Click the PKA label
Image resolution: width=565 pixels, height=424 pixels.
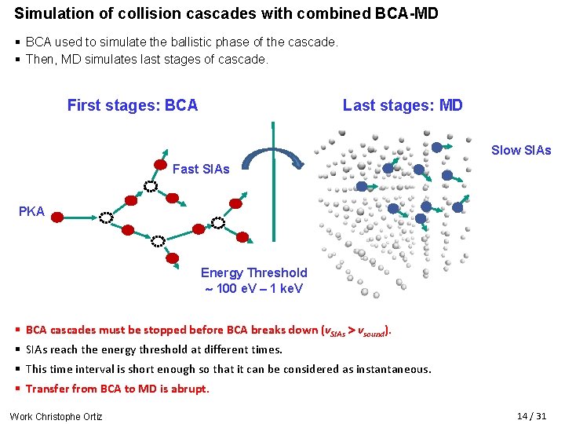coord(32,212)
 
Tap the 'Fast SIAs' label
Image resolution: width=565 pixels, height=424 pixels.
coord(201,169)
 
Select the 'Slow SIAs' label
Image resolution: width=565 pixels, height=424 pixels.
coord(521,150)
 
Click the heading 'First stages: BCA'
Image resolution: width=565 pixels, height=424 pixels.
coord(133,105)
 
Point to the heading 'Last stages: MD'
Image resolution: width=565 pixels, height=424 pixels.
coord(403,105)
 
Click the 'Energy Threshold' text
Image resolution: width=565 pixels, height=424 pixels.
coord(254,272)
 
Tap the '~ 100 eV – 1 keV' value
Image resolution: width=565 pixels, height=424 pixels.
coord(254,288)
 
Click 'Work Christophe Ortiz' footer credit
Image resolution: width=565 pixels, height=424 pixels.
coord(56,416)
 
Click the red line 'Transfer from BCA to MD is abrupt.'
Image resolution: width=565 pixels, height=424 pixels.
coord(118,389)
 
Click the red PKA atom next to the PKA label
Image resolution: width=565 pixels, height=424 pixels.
coord(60,212)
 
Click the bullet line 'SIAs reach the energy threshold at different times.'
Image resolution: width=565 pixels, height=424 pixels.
coord(154,349)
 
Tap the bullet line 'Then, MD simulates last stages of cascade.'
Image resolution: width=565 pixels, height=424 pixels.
coord(148,59)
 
